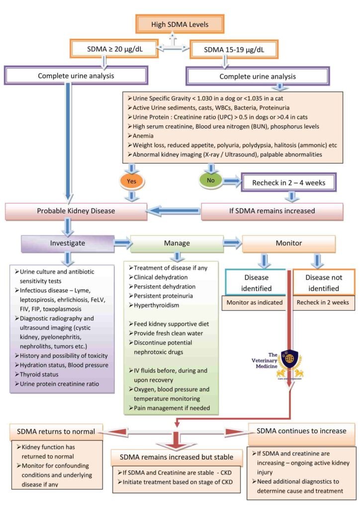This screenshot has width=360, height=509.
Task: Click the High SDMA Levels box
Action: tap(180, 24)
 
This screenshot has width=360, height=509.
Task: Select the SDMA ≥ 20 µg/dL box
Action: tap(114, 49)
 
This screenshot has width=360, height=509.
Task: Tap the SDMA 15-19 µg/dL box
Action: tap(234, 50)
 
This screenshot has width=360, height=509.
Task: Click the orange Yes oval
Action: tap(131, 181)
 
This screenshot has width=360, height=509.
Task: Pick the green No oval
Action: tap(211, 180)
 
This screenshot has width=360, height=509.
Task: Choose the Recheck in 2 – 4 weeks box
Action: tap(288, 183)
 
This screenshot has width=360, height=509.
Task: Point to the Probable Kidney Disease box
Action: tap(76, 211)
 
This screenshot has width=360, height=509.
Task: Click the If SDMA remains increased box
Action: tap(272, 211)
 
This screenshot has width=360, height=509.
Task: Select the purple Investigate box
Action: tap(68, 243)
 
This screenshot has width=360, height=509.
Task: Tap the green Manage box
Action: tap(177, 243)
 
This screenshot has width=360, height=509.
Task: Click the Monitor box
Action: tap(288, 243)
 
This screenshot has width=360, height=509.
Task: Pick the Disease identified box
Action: tap(256, 282)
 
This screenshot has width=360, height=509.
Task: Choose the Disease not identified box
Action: tap(324, 282)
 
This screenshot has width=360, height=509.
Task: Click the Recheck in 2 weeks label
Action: tap(323, 303)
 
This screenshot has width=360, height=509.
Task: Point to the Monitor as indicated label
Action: tap(255, 303)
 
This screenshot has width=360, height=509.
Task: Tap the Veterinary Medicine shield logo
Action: tap(289, 363)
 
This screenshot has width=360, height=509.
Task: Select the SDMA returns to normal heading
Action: tap(56, 432)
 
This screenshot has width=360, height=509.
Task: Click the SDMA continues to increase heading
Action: tap(301, 431)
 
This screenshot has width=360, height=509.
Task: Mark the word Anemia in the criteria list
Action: tap(143, 136)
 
